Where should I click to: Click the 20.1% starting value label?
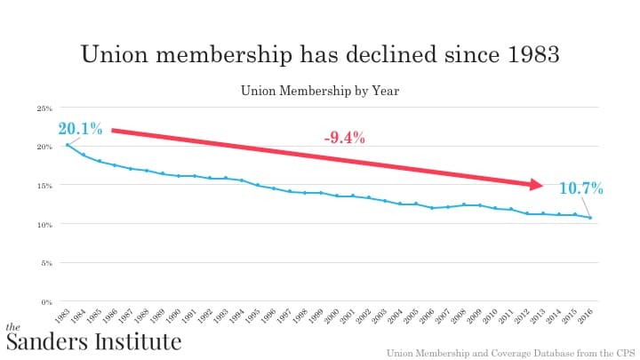point(80,129)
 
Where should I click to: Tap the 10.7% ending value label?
point(581,188)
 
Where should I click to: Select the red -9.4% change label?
point(345,138)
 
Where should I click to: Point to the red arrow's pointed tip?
point(542,185)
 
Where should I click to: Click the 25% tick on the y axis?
point(44,108)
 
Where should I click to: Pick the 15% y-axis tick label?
point(44,186)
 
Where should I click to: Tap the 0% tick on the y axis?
point(47,302)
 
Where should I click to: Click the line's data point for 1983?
point(68,145)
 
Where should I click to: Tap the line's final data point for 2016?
point(590,218)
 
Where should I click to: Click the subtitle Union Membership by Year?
point(320,90)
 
